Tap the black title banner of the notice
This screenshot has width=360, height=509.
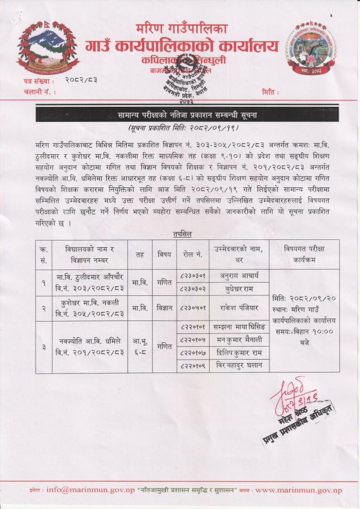(x=180, y=115)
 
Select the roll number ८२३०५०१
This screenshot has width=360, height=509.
(x=191, y=307)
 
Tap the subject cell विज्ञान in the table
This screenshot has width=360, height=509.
(x=164, y=307)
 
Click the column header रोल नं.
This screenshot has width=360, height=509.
(x=191, y=254)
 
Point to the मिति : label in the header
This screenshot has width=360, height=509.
(x=271, y=91)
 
